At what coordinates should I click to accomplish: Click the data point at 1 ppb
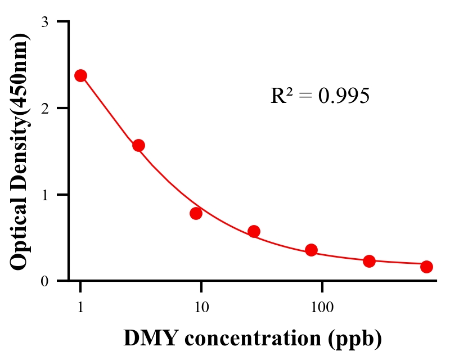[x=80, y=75]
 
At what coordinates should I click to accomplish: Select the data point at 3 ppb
[x=138, y=145]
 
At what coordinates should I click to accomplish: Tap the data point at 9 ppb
[x=196, y=213]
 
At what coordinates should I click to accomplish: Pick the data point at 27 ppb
[x=254, y=231]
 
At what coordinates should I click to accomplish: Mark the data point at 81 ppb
[x=311, y=250]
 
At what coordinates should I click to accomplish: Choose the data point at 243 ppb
[x=369, y=261]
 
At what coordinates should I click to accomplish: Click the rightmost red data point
[x=426, y=267]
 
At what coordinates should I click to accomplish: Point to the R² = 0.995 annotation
[x=319, y=96]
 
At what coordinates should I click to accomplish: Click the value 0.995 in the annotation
[x=344, y=96]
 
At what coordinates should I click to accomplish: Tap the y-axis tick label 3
[x=44, y=22]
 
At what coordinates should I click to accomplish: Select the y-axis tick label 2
[x=44, y=108]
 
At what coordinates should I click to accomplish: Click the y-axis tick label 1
[x=44, y=195]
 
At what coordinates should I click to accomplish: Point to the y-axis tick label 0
[x=44, y=281]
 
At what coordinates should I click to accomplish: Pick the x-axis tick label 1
[x=80, y=307]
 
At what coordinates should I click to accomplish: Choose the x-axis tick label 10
[x=201, y=307]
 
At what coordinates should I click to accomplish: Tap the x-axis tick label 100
[x=322, y=307]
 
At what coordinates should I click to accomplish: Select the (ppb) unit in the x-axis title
[x=357, y=339]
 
